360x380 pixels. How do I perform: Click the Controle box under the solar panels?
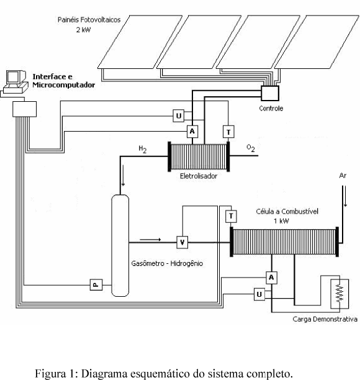point(270,93)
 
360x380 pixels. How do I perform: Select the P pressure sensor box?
point(96,285)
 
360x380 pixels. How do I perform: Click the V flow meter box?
point(182,242)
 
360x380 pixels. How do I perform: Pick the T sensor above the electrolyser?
point(228,132)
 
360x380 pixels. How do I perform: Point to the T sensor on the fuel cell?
point(231,217)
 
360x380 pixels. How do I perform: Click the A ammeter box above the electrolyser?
point(192,132)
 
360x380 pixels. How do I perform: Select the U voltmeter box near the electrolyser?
point(179,115)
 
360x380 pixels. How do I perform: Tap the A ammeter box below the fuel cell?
point(272,278)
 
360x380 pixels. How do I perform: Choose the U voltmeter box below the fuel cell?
point(259,294)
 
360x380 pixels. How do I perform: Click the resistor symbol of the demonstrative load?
point(340,294)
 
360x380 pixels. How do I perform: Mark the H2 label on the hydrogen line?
point(143,149)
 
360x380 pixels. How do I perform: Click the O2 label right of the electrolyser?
point(251,148)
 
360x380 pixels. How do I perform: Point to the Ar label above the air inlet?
point(343,176)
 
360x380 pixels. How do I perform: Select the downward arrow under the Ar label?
point(345,196)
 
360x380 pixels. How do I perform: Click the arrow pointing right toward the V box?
point(150,240)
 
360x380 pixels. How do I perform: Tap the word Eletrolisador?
point(199,176)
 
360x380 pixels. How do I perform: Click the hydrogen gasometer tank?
point(120,245)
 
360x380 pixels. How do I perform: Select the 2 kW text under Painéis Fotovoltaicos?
point(83,30)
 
